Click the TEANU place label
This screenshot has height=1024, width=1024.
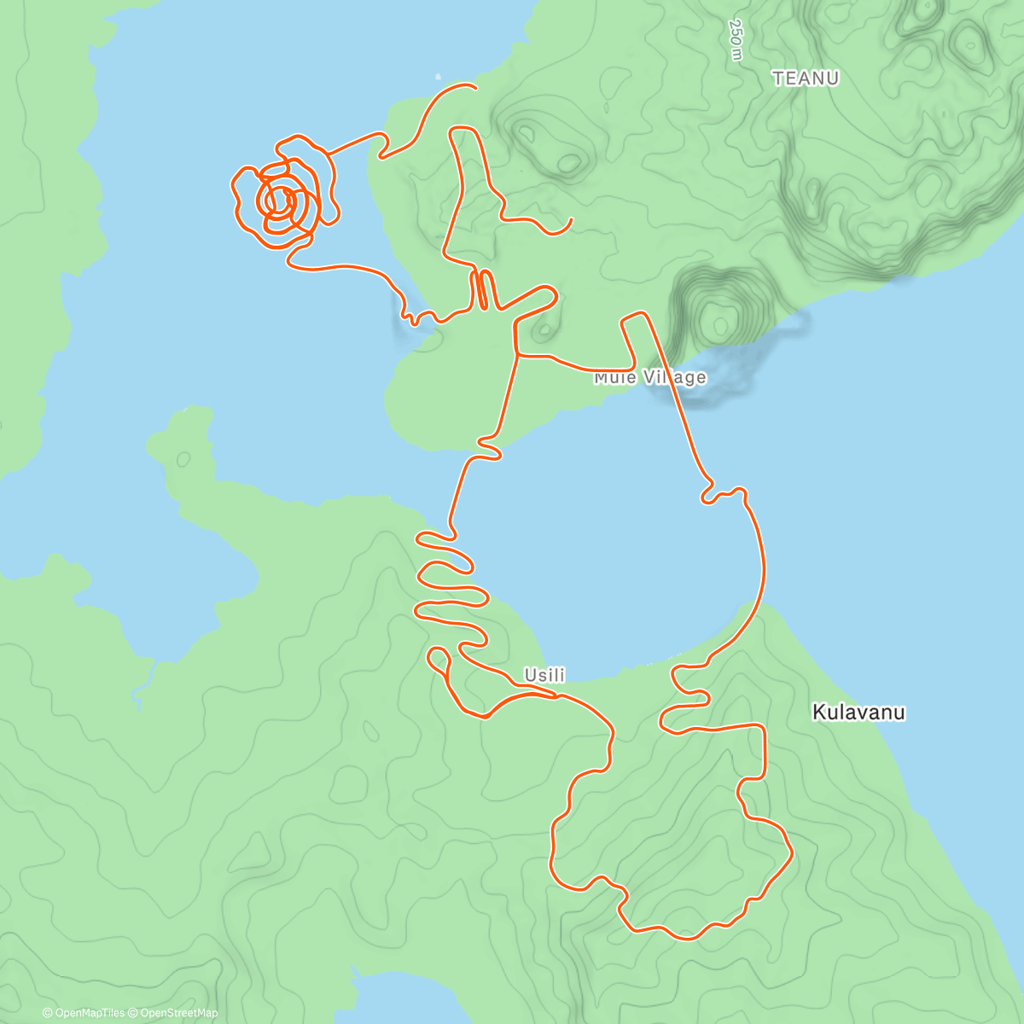point(806,79)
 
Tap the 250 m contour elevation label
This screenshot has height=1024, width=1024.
point(735,39)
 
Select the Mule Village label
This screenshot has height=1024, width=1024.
point(650,377)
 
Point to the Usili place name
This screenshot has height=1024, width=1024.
point(544,675)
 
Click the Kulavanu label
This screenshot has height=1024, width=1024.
point(858,712)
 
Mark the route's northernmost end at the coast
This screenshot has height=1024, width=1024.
point(474,85)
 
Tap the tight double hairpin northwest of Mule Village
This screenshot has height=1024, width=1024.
point(482,290)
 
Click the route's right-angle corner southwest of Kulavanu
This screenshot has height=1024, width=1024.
point(762,726)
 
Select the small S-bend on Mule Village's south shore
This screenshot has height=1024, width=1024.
point(488,449)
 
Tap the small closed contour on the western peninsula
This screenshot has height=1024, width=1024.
point(183,459)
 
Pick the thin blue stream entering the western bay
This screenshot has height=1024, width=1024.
point(143,683)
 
